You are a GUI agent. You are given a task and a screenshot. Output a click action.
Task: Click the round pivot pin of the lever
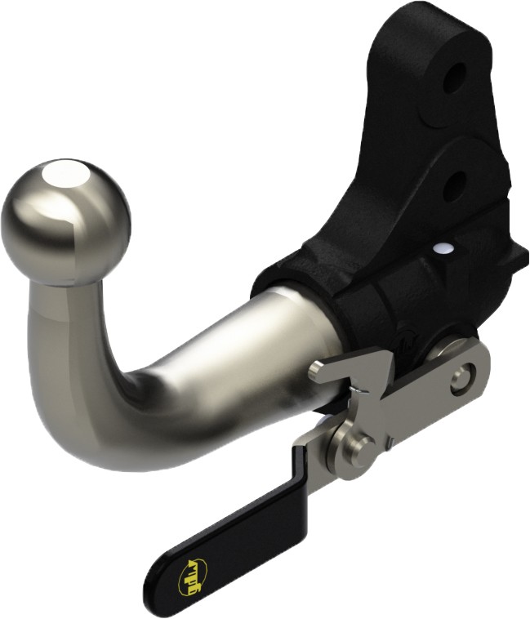359,446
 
